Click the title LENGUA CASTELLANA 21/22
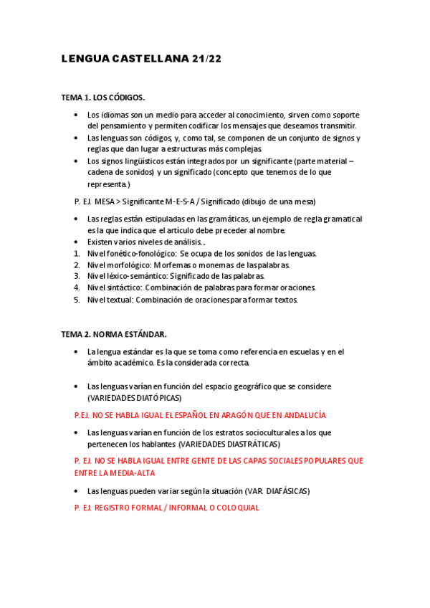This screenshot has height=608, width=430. (141, 60)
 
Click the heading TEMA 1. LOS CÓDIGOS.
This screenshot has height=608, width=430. (103, 98)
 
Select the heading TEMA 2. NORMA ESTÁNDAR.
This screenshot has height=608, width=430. (114, 334)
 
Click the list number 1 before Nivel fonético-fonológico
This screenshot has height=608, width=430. (77, 253)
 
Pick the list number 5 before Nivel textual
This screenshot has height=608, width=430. (77, 300)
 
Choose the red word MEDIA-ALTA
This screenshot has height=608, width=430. (133, 473)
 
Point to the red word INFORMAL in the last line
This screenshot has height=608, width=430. (170, 508)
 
